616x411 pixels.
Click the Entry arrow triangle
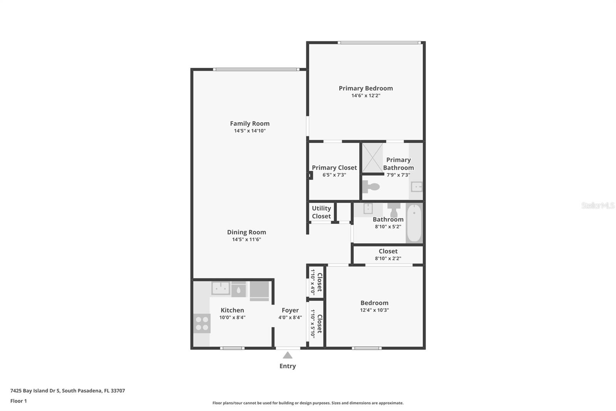[288, 355]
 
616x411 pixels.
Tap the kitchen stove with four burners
[202, 323]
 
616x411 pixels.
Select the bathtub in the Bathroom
[414, 223]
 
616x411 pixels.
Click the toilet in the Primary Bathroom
[371, 187]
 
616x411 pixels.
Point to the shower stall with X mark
[373, 158]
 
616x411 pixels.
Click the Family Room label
[249, 124]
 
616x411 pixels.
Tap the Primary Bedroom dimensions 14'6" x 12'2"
[366, 96]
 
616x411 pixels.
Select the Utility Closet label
[321, 212]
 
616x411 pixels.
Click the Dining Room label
[246, 232]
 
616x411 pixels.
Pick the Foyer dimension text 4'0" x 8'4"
[290, 318]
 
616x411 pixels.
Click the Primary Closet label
[334, 168]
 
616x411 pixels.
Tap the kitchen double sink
[221, 288]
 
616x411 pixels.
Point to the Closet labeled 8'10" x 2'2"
[388, 254]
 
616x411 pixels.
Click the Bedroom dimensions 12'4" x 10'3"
[374, 310]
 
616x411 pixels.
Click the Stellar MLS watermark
[598, 205]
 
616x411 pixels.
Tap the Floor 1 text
[18, 401]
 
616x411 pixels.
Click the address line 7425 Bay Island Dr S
[67, 391]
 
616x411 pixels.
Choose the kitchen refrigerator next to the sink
[259, 290]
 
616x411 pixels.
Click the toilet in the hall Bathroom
[394, 210]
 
